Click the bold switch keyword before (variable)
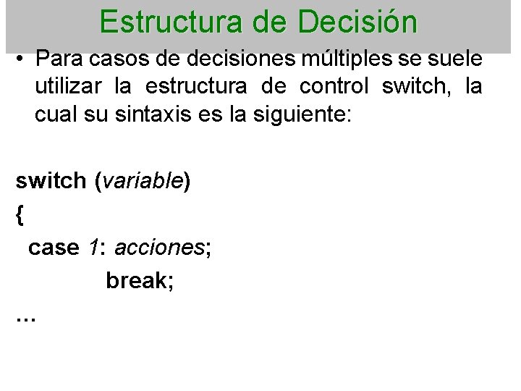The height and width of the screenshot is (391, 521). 51,181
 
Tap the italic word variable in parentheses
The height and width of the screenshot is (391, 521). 143,181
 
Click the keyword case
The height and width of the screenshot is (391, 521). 53,247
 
